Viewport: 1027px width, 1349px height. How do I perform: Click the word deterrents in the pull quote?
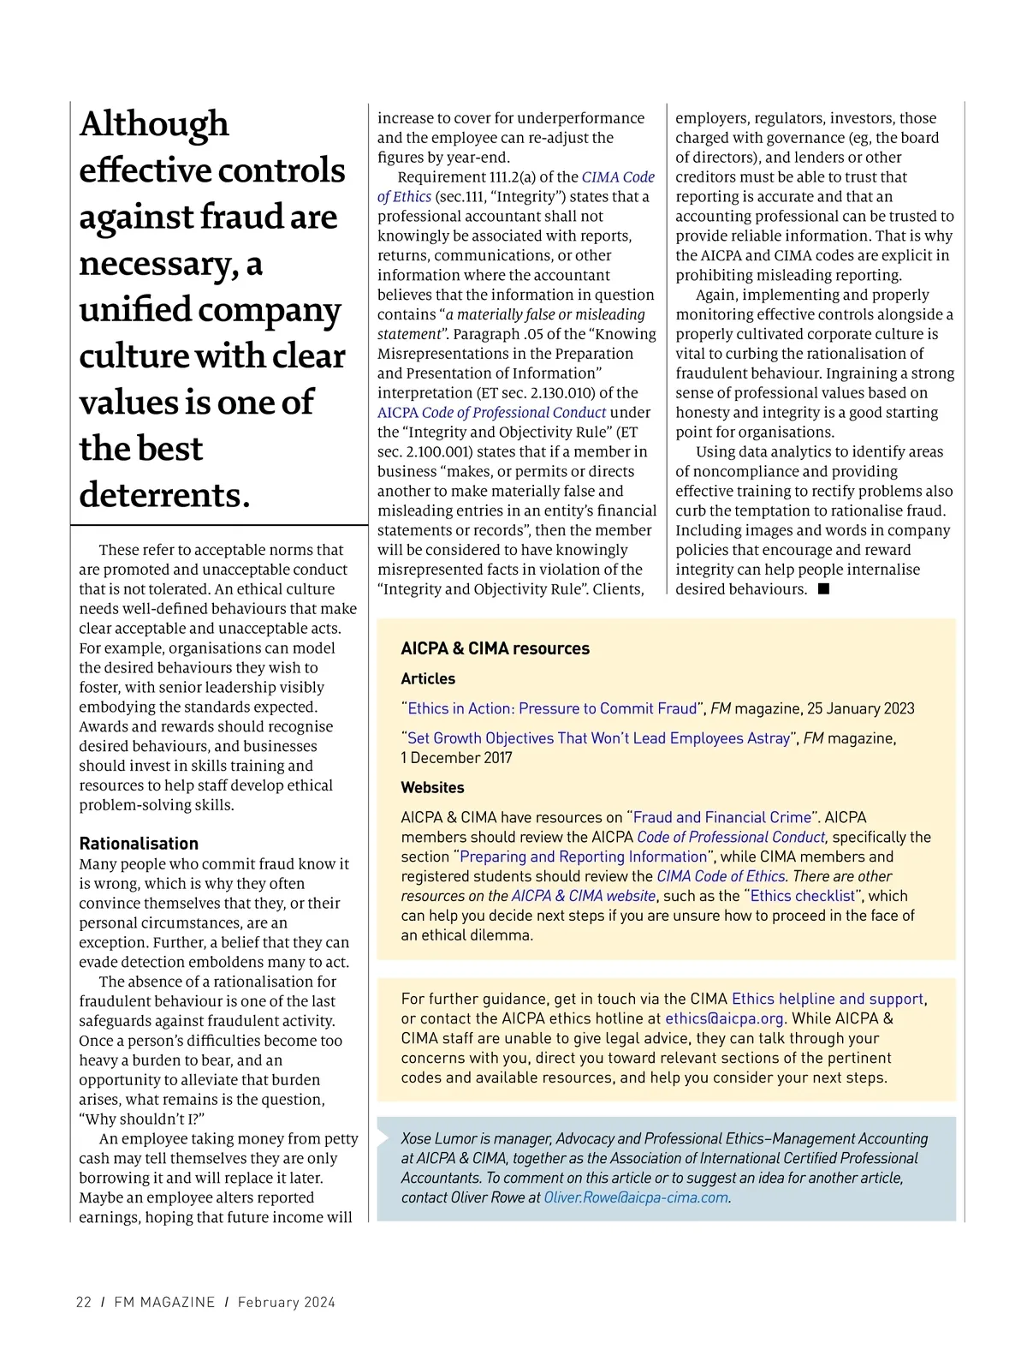coord(164,495)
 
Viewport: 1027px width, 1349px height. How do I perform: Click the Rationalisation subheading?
coord(139,844)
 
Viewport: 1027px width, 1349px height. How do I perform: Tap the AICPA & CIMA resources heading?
coord(495,648)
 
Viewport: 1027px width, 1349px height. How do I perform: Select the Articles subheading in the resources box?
coord(428,678)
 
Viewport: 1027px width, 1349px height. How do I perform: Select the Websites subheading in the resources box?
coord(432,787)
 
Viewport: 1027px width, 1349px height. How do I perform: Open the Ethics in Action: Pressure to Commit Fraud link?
coord(552,708)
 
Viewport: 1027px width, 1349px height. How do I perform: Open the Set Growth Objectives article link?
coord(598,738)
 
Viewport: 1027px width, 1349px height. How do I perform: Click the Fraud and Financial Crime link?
coord(721,817)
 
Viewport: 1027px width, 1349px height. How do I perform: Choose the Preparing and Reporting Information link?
coord(584,857)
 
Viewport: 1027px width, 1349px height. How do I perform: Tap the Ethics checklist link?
coord(803,896)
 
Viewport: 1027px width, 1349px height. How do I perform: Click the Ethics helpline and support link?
coord(828,999)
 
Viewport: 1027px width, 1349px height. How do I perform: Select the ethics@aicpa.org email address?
coord(724,1018)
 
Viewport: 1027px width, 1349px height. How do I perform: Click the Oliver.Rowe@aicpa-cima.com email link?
coord(636,1197)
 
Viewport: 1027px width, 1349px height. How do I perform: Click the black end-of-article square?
coord(823,588)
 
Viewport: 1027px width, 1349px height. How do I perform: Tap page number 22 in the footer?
coord(84,1302)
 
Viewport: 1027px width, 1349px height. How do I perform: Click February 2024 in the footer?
coord(287,1302)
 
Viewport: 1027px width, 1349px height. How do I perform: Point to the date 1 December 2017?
coord(456,758)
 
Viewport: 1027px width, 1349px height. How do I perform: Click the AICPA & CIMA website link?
coord(584,896)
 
